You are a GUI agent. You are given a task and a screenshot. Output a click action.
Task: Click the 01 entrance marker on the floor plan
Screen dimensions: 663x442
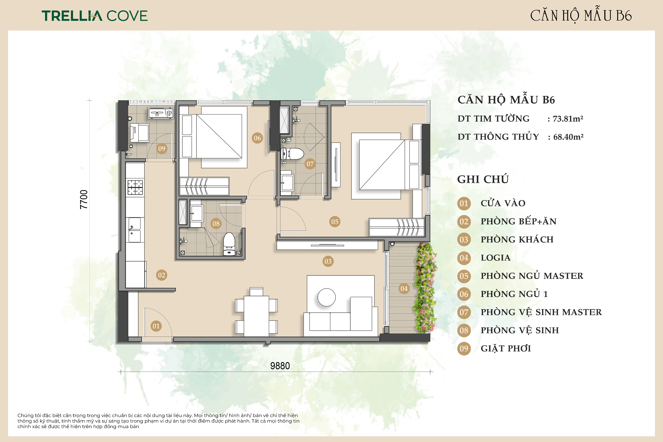tap(156, 326)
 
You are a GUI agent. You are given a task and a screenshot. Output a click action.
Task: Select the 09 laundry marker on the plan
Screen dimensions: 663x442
tap(162, 149)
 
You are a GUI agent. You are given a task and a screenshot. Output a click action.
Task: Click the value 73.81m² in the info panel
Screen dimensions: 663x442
tap(568, 119)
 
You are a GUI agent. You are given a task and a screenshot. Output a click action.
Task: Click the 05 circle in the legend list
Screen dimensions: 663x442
tap(464, 276)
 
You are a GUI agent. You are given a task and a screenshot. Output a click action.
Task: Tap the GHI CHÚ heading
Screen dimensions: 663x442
tap(483, 179)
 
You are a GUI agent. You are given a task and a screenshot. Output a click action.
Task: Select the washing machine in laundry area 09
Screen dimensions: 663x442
tap(140, 133)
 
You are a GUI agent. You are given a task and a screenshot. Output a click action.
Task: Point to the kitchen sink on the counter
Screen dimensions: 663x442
tap(135, 230)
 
